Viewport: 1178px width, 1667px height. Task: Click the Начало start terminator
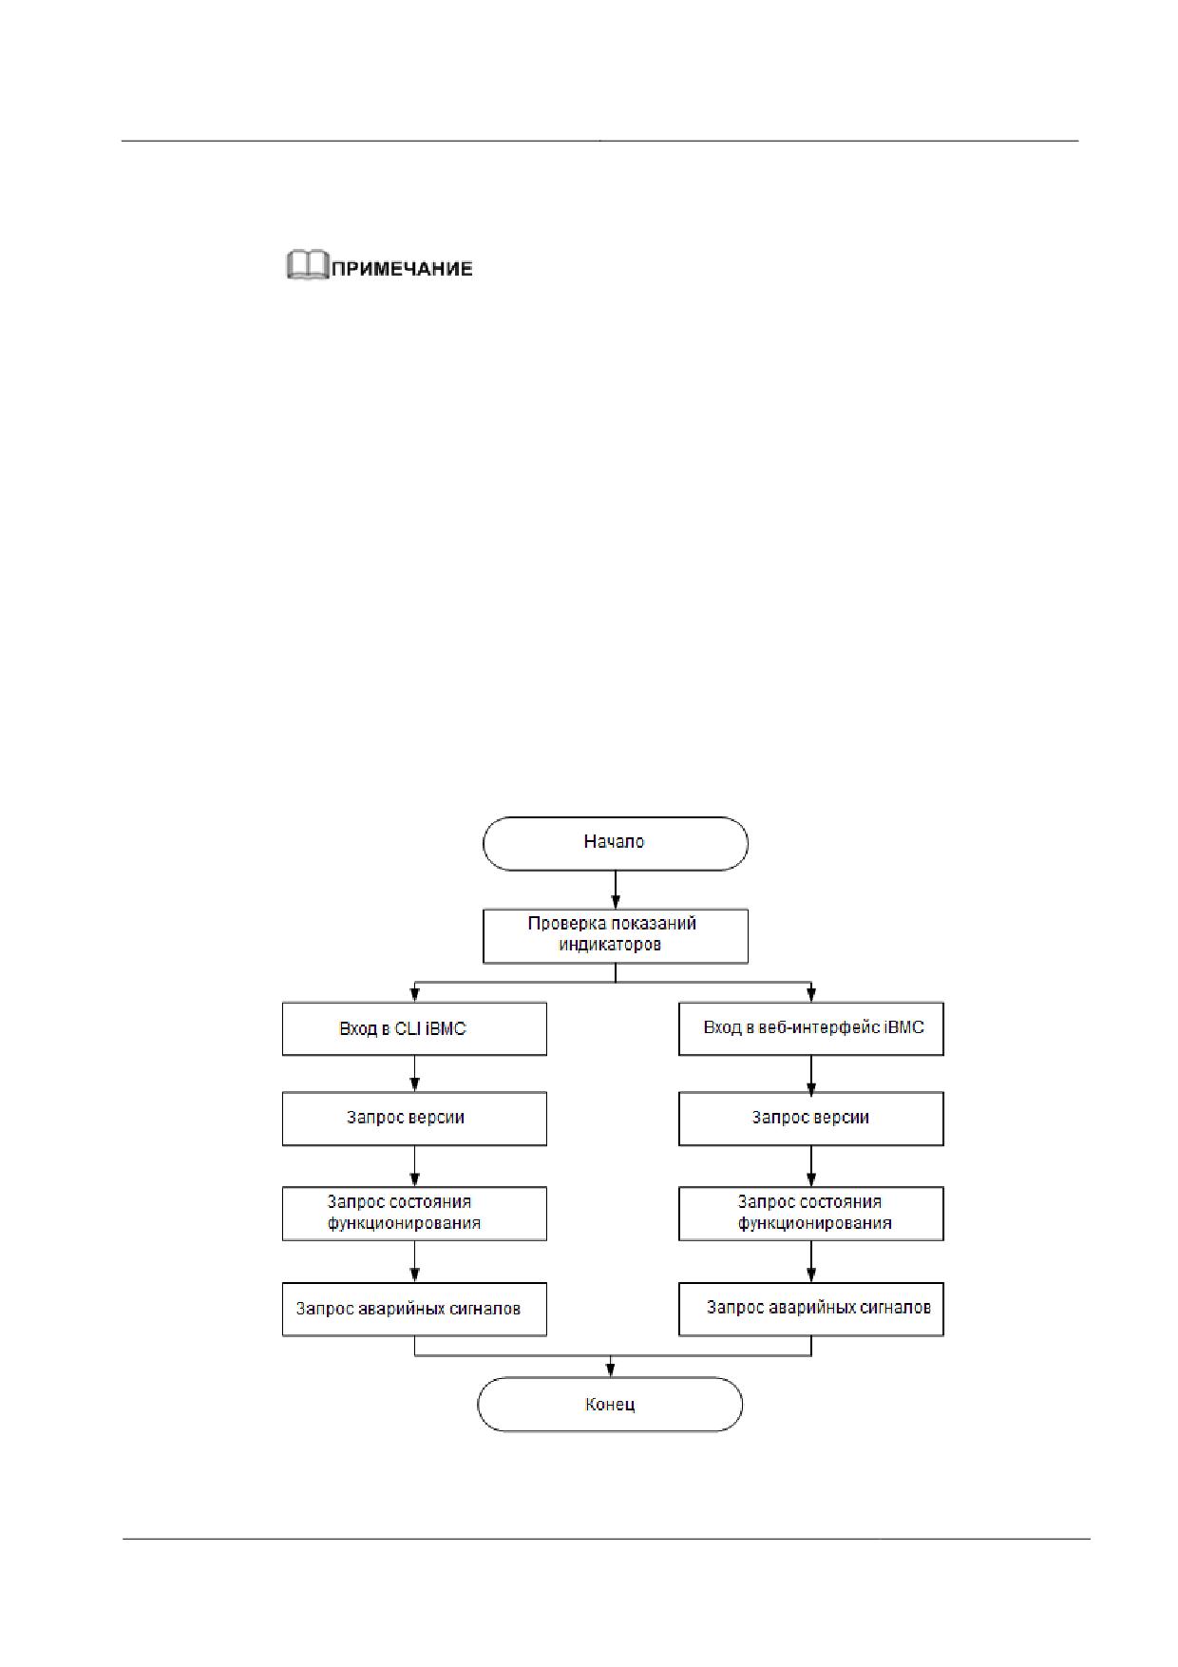(616, 843)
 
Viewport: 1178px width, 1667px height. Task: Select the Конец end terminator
(609, 1405)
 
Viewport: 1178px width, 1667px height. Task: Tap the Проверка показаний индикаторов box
(616, 936)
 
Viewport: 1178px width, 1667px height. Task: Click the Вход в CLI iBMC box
(414, 1028)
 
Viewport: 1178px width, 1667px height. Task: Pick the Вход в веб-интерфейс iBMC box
(811, 1028)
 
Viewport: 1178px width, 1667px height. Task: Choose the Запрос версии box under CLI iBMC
(414, 1118)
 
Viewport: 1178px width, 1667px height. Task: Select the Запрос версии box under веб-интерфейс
(811, 1118)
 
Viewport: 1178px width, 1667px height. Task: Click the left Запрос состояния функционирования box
(414, 1214)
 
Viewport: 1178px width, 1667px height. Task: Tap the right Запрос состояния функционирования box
(811, 1214)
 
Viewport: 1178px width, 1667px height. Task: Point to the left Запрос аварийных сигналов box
(414, 1309)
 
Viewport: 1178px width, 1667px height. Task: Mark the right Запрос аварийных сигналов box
(811, 1309)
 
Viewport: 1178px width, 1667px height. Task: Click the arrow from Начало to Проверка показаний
(616, 890)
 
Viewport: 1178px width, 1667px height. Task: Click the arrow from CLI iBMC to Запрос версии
(414, 1073)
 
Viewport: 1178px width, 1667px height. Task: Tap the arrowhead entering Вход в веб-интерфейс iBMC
(811, 995)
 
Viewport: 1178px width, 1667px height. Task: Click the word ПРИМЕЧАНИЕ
(402, 268)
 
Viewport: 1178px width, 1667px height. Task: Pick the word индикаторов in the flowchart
(610, 945)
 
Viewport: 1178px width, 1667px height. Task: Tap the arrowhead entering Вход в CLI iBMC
(414, 995)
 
